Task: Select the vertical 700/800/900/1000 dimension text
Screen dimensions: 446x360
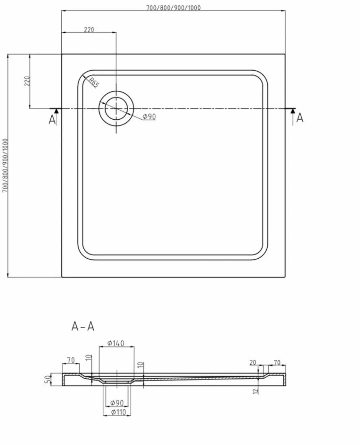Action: click(x=5, y=166)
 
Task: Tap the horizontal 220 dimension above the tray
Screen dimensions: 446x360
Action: click(x=89, y=30)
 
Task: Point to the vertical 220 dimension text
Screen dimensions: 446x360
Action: click(x=27, y=81)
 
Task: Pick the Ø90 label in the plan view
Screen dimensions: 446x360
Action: click(x=149, y=117)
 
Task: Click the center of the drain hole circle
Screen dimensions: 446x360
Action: click(x=116, y=109)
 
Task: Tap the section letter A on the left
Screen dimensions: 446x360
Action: click(x=52, y=120)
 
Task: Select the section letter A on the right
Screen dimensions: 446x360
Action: click(x=300, y=118)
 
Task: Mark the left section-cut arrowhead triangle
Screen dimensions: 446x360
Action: click(x=56, y=111)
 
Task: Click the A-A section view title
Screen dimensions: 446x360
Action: click(x=83, y=326)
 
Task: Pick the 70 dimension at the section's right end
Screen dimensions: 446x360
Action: click(x=277, y=362)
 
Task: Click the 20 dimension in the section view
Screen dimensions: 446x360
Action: click(x=253, y=362)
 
